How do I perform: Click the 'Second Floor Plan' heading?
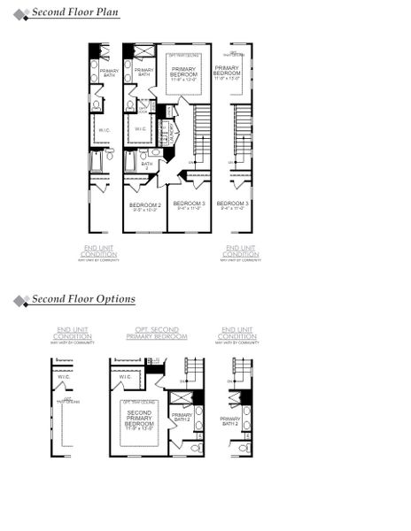[75, 13]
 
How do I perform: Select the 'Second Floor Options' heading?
[83, 299]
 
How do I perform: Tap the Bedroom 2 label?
[144, 207]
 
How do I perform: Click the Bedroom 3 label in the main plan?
[189, 206]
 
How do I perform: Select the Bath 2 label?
[146, 165]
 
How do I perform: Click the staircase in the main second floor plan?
[201, 133]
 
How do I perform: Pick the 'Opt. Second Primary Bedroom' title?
[157, 333]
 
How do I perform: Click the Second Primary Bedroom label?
[139, 419]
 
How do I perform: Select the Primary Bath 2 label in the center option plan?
[181, 418]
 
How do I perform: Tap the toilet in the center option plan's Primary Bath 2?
[195, 448]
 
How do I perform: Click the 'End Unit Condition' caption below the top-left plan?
[98, 250]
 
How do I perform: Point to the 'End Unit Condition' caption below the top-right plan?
[241, 250]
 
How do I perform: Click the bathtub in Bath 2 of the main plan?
[130, 163]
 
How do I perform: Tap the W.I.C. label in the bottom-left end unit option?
[64, 377]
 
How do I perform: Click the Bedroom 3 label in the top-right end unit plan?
[233, 206]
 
